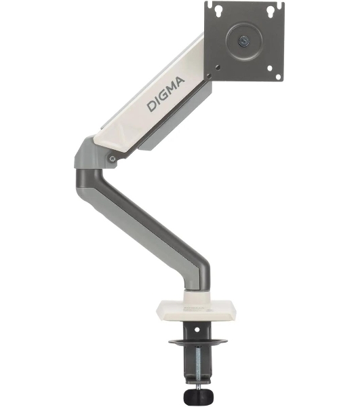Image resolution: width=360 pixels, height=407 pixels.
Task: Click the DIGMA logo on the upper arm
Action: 165,94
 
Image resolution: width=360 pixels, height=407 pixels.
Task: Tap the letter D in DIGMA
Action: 152,106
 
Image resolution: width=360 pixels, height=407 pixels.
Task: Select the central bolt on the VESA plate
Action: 244,41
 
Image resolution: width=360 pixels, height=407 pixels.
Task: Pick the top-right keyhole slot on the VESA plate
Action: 271,12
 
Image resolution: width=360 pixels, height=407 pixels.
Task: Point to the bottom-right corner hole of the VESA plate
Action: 278,77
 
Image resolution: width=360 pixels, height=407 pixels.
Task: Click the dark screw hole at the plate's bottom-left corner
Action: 209,76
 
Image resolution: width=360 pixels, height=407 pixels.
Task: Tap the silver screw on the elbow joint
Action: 113,159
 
